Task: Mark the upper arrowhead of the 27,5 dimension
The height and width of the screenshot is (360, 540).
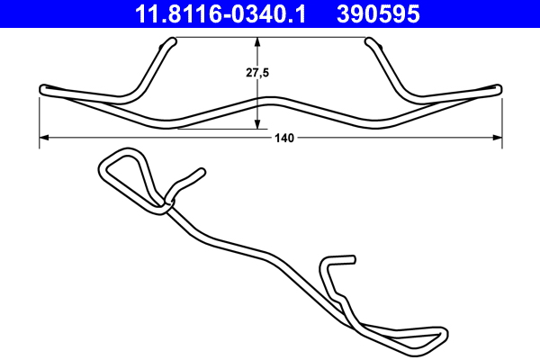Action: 259,41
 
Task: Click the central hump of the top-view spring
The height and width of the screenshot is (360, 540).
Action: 270,97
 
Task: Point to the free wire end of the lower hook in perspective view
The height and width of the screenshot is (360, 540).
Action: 351,259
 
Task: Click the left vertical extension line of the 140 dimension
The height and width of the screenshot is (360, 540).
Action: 40,117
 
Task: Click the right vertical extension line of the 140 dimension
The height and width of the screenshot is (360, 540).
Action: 500,117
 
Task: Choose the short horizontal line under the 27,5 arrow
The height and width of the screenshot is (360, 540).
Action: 216,129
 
